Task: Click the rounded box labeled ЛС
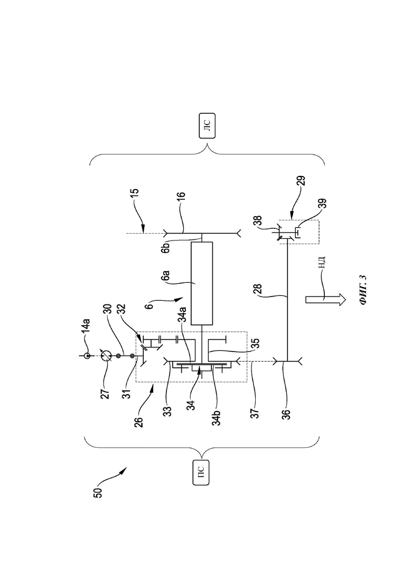point(207,126)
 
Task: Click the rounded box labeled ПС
point(201,472)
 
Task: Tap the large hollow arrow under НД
point(325,300)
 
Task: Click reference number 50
point(98,492)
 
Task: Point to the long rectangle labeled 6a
point(202,283)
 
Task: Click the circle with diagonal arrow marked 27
point(107,356)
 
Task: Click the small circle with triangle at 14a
point(87,356)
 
